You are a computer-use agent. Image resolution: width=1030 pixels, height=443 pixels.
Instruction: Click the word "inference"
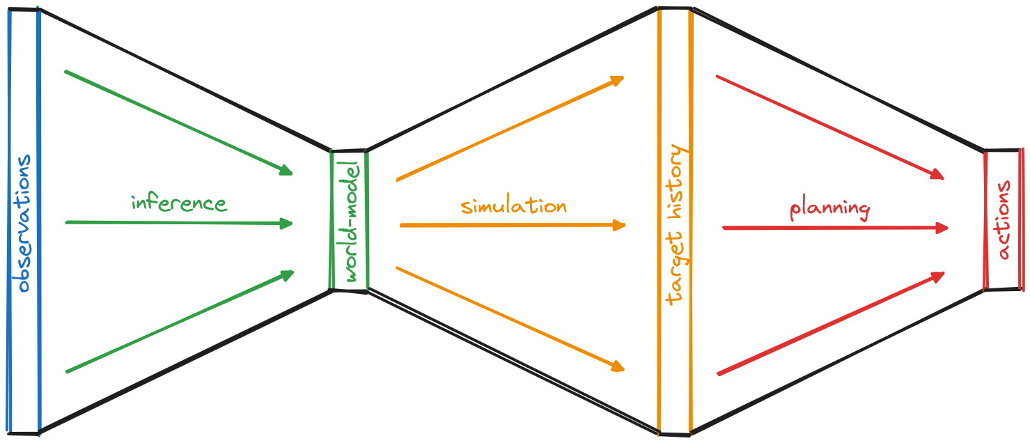tap(179, 203)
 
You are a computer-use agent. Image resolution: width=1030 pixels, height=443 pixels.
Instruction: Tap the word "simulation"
tap(513, 206)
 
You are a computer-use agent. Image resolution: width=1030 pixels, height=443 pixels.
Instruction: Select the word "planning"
tap(829, 209)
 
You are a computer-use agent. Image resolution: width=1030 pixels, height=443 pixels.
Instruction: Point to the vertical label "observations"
tap(23, 223)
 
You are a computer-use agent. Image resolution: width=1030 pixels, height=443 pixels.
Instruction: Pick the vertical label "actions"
tap(1004, 220)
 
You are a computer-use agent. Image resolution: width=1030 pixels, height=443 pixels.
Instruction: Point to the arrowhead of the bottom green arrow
tap(288, 274)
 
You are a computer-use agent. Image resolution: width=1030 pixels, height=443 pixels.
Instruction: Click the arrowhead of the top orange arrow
tap(618, 80)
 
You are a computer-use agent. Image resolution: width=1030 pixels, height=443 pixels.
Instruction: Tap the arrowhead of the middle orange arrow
tap(620, 225)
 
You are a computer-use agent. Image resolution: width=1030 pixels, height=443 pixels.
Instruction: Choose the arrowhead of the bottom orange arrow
tap(617, 366)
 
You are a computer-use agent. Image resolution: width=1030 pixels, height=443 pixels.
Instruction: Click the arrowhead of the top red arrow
tap(937, 176)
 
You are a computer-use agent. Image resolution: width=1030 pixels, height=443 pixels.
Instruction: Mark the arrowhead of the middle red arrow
tap(942, 228)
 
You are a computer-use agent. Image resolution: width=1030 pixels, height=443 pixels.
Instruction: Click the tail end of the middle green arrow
tap(67, 222)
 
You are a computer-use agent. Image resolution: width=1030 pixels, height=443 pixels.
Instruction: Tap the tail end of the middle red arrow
tap(724, 228)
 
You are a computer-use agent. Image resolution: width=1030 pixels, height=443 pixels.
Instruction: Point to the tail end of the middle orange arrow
tap(402, 226)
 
